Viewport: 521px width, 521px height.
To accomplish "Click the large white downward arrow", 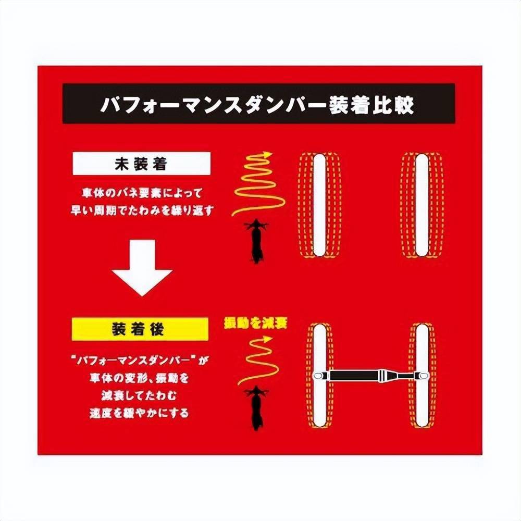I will (142, 266).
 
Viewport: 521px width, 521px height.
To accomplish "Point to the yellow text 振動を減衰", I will (255, 324).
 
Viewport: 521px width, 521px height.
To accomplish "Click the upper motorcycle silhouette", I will (255, 240).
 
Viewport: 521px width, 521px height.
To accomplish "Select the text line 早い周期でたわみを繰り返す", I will (142, 210).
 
